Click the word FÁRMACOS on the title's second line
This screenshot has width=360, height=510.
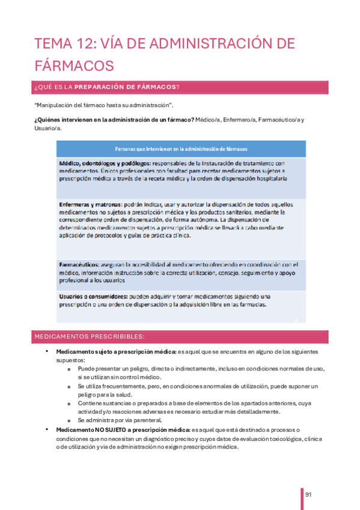click(74, 64)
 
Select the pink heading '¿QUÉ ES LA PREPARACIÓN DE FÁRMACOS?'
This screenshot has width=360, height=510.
click(108, 88)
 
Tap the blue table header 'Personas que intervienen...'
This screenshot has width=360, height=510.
click(182, 149)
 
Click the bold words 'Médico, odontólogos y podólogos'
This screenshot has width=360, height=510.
click(105, 164)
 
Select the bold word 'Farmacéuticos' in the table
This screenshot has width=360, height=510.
click(79, 265)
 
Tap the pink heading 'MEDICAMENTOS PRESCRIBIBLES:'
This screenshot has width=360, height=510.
click(89, 337)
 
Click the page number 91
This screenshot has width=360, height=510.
click(309, 494)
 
